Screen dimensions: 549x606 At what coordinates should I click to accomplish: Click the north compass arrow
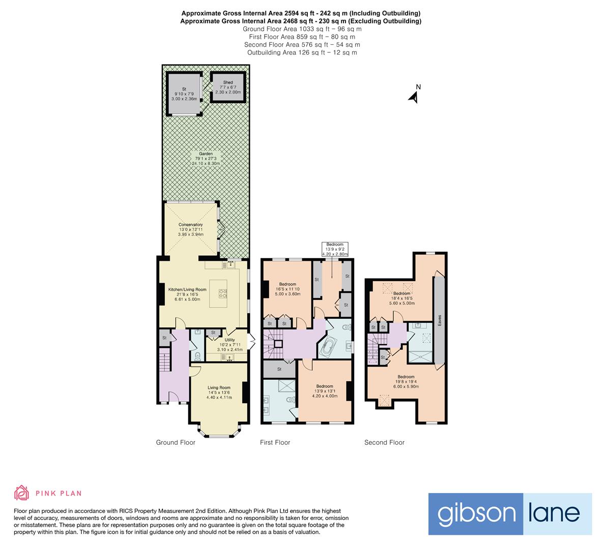click(x=414, y=96)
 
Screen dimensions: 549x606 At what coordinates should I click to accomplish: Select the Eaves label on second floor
click(x=440, y=321)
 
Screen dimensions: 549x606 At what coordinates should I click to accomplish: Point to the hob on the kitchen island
click(x=223, y=293)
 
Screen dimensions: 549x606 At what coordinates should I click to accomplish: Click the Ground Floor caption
click(x=176, y=443)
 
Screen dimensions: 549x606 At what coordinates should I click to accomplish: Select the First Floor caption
click(x=275, y=443)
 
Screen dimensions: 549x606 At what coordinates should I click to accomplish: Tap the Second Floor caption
click(x=384, y=443)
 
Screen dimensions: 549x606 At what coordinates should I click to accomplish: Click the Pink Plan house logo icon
click(x=21, y=493)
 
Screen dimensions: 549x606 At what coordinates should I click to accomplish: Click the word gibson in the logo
click(x=475, y=514)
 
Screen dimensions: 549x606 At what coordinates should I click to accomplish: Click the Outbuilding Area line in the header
click(x=302, y=52)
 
